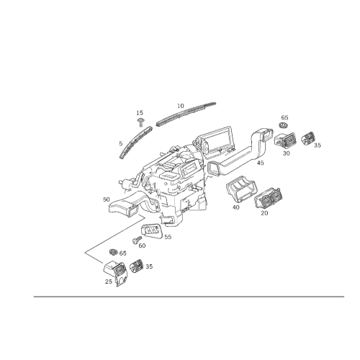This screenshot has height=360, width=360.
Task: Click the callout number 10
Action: (x=181, y=106)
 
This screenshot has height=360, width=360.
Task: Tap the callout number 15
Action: (x=140, y=113)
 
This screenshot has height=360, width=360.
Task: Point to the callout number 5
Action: (x=121, y=143)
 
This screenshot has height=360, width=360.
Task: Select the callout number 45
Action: (x=261, y=163)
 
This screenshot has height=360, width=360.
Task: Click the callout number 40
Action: (x=236, y=207)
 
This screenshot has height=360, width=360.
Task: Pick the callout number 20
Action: (x=264, y=213)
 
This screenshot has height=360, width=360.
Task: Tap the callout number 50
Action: (x=107, y=199)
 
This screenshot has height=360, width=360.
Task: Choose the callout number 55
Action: (x=168, y=237)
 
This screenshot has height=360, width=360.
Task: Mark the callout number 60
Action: (x=142, y=246)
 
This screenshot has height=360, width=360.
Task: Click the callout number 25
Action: (x=109, y=282)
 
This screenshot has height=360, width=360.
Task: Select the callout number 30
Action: (x=286, y=153)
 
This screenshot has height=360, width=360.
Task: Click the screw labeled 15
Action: (x=140, y=122)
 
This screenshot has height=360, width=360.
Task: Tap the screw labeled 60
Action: (x=137, y=240)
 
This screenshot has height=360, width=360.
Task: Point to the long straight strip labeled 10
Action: (x=186, y=114)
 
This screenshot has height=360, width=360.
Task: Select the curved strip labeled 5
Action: (x=136, y=143)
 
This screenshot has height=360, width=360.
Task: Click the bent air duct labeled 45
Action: (x=240, y=153)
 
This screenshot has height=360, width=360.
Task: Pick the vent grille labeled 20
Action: (x=269, y=198)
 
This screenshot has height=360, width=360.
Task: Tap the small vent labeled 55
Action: (x=151, y=231)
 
